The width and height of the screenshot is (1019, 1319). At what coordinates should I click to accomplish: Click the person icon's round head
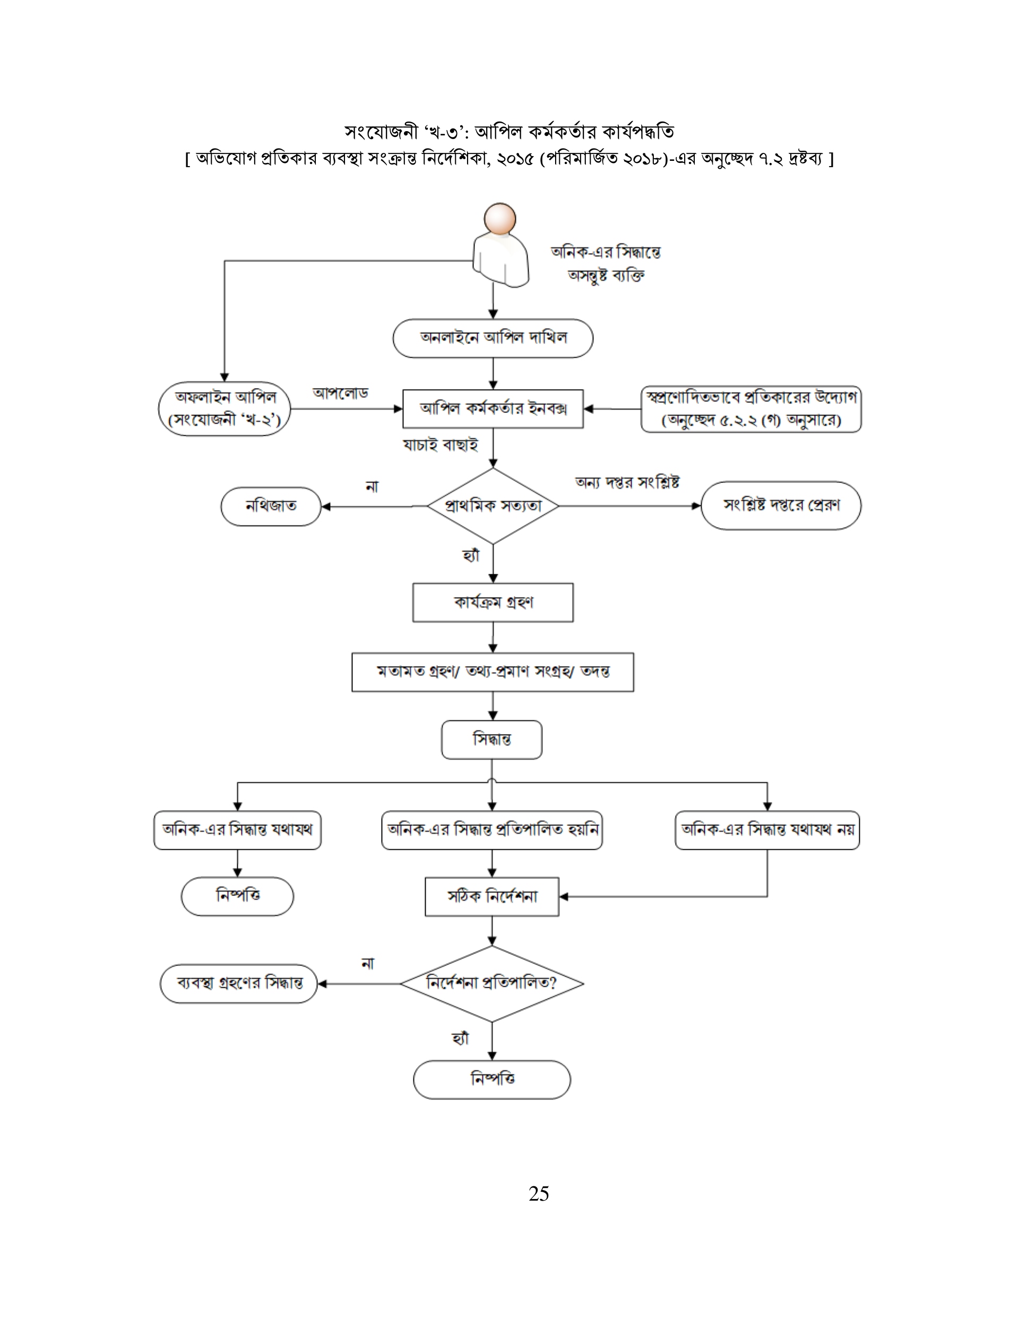point(500,219)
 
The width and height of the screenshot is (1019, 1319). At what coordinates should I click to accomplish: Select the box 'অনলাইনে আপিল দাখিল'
point(493,338)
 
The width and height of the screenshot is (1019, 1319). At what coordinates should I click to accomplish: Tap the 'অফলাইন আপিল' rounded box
point(224,409)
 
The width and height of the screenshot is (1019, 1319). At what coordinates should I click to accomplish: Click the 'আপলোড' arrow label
point(340,393)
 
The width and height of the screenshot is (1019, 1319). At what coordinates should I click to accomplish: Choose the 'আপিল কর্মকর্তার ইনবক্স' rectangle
point(493,409)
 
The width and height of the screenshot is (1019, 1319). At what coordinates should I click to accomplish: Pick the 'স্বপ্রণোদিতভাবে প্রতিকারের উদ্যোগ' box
point(751,409)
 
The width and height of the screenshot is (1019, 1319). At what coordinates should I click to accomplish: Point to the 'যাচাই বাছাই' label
point(441,445)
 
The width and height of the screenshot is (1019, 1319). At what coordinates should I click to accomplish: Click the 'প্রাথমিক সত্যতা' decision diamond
point(493,505)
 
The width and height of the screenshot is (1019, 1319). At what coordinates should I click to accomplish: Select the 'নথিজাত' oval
point(271,506)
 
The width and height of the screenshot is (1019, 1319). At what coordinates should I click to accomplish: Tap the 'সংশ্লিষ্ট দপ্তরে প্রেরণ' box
point(781,505)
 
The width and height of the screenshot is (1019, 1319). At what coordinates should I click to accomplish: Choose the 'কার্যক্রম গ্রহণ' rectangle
point(493,602)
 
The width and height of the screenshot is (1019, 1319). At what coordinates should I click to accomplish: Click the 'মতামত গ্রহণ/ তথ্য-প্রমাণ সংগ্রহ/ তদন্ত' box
point(493,671)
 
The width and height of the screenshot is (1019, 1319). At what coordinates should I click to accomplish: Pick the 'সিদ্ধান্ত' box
point(491,739)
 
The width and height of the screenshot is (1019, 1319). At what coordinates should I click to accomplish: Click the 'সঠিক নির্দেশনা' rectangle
point(491,896)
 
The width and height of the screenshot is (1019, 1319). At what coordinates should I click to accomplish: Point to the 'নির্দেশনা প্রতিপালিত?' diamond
point(491,983)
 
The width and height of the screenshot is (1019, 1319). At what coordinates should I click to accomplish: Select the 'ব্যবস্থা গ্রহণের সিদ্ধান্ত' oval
point(239,983)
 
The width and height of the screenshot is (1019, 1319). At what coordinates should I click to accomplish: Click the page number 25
point(538,1193)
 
